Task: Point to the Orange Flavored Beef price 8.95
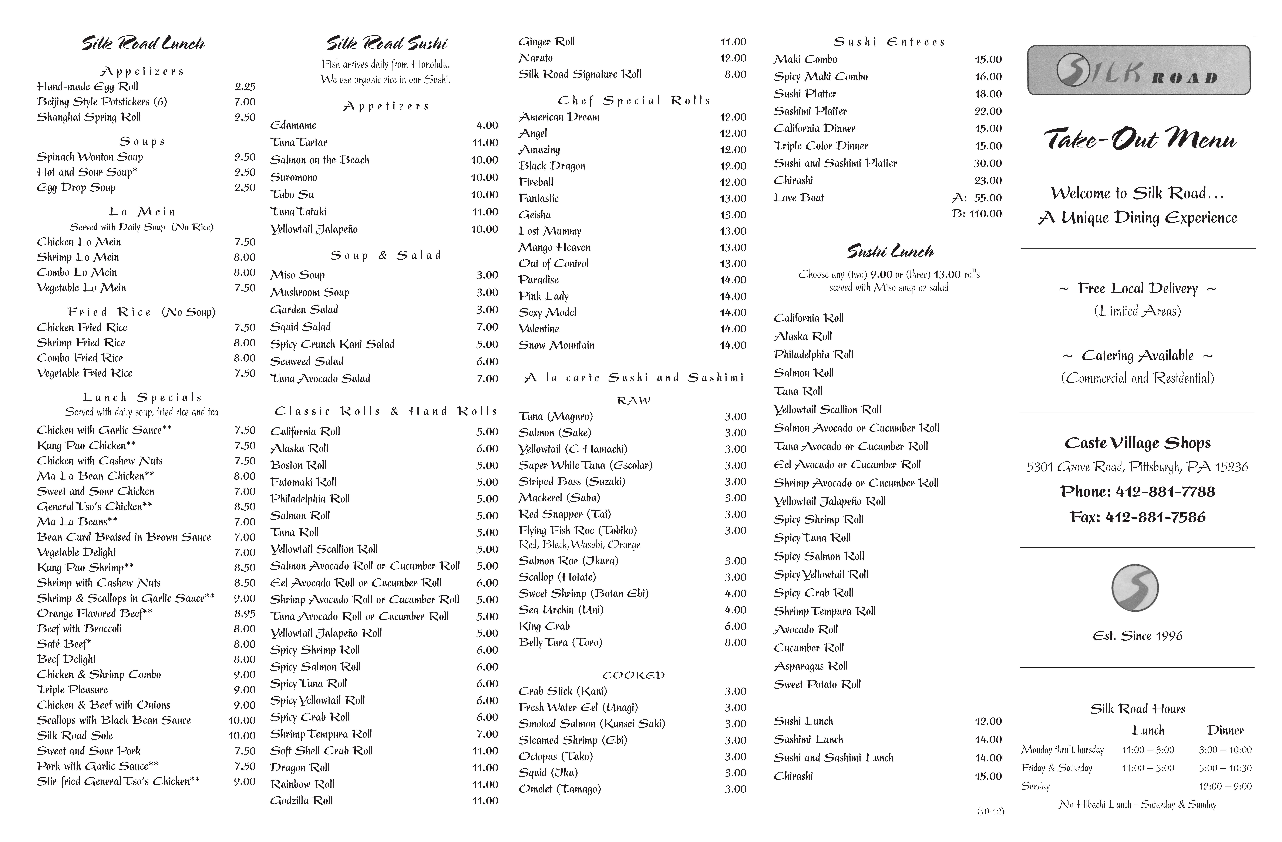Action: tap(245, 613)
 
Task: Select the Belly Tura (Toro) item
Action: tap(560, 642)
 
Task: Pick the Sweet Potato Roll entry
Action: tap(817, 684)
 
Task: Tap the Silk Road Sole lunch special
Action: tap(75, 735)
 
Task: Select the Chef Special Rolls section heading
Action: tap(633, 101)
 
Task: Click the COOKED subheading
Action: tap(633, 675)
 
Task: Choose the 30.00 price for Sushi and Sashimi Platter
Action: tap(988, 163)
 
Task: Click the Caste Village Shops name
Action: tap(1137, 443)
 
